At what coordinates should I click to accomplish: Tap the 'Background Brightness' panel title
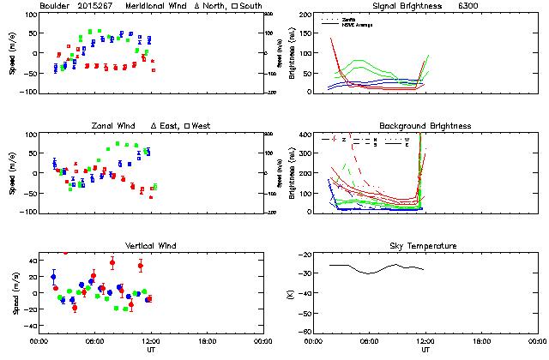(x=424, y=126)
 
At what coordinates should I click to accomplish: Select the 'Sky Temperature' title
(x=425, y=246)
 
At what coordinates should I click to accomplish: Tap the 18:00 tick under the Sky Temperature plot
(x=480, y=341)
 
